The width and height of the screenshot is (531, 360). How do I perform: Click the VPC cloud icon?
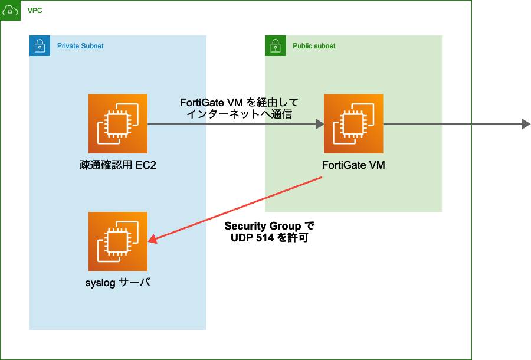(10, 11)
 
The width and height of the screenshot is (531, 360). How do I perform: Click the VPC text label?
(35, 11)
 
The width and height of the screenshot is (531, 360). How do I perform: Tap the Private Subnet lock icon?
(40, 45)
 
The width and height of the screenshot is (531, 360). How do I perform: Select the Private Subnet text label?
(80, 46)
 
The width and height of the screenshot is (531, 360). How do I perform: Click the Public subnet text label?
(314, 46)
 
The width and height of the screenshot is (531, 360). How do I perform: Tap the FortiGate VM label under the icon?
(353, 165)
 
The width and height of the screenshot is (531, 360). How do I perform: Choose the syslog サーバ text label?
(118, 282)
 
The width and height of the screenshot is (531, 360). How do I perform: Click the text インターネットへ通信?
(239, 114)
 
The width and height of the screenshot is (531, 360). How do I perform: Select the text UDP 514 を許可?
(270, 238)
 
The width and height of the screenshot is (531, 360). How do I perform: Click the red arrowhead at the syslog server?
(152, 239)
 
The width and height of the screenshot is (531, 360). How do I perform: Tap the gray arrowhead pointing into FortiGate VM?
(320, 124)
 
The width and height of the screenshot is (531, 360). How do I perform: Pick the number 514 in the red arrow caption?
(268, 238)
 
